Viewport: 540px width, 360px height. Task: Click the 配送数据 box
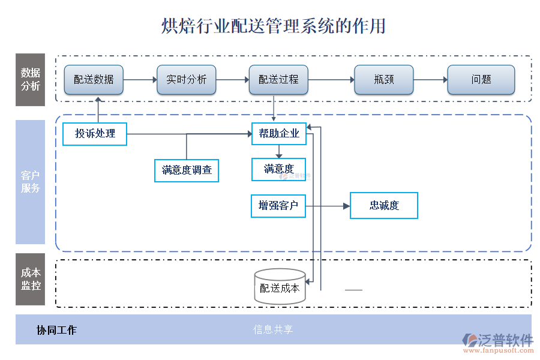click(94, 80)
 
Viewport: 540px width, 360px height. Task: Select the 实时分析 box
click(186, 80)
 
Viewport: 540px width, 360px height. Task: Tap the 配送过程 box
click(278, 80)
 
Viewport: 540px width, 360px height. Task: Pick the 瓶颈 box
click(383, 80)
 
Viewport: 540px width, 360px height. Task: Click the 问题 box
click(481, 80)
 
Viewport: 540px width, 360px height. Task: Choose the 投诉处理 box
click(95, 134)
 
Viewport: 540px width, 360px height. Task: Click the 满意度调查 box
click(187, 170)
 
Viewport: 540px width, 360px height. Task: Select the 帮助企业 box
click(279, 134)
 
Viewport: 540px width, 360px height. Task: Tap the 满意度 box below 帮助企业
click(278, 169)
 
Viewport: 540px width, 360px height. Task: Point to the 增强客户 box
click(278, 206)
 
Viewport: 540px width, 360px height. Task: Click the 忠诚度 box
click(384, 206)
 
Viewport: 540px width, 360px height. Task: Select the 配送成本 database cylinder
click(280, 286)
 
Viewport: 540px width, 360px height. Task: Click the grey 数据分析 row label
click(30, 80)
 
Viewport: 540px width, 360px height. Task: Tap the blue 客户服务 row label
click(30, 182)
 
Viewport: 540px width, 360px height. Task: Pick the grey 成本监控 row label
click(30, 280)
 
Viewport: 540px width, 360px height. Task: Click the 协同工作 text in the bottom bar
click(56, 330)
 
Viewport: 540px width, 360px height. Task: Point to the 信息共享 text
click(273, 329)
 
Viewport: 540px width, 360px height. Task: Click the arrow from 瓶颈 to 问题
click(430, 80)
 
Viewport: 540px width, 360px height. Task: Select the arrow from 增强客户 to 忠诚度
click(328, 206)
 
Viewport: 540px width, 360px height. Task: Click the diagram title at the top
click(273, 26)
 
